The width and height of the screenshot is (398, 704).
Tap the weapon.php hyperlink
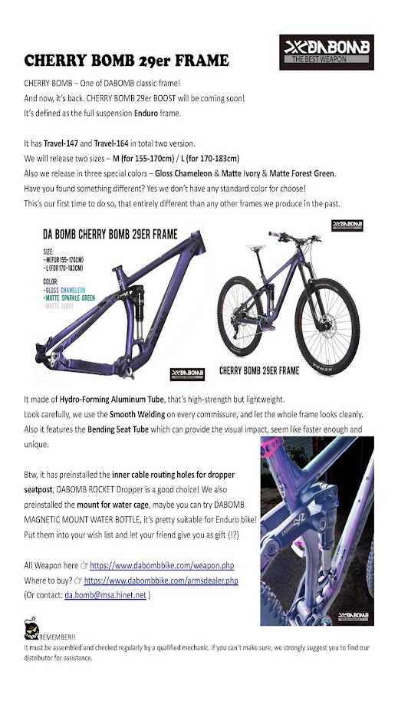click(167, 565)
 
